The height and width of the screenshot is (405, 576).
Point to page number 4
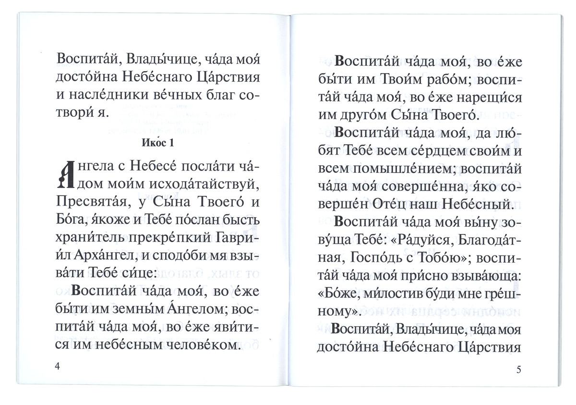click(58, 367)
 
